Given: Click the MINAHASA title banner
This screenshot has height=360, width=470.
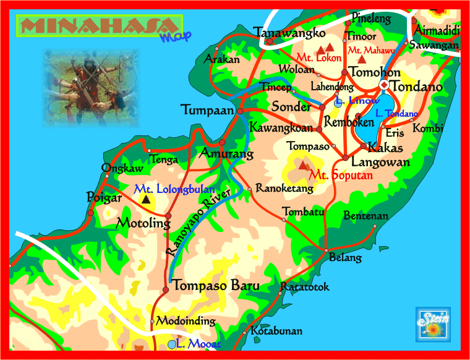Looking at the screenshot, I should pos(99,27).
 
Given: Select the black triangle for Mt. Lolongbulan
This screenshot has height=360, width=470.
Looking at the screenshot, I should pos(146,199).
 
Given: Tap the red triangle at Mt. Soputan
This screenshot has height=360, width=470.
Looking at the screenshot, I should pos(303,165).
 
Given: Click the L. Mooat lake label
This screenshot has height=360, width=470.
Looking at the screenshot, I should pos(197,344).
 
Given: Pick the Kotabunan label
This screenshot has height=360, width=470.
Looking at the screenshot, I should pos(276,331).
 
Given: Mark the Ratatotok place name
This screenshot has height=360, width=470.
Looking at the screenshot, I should pos(305,287).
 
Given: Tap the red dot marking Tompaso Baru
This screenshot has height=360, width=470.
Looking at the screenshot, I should pos(165,289).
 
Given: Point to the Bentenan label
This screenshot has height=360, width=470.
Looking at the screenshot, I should pos(365,216).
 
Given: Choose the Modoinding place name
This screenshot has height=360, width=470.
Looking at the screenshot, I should pos(186,321).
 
